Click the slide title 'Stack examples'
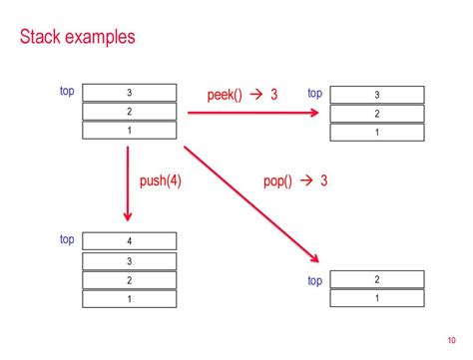click(x=77, y=39)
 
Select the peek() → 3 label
click(x=241, y=95)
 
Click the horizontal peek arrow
click(x=249, y=114)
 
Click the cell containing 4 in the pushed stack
click(x=129, y=241)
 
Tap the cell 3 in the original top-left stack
click(x=129, y=93)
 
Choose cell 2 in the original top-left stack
click(x=129, y=112)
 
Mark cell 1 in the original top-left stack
click(x=129, y=131)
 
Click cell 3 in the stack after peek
click(x=376, y=96)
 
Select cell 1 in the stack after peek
click(x=376, y=133)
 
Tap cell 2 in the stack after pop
click(x=376, y=280)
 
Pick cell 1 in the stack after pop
click(x=376, y=298)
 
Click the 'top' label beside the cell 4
click(x=67, y=239)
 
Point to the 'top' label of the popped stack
click(x=314, y=280)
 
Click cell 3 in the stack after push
click(x=129, y=260)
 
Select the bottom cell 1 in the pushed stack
click(x=129, y=298)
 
